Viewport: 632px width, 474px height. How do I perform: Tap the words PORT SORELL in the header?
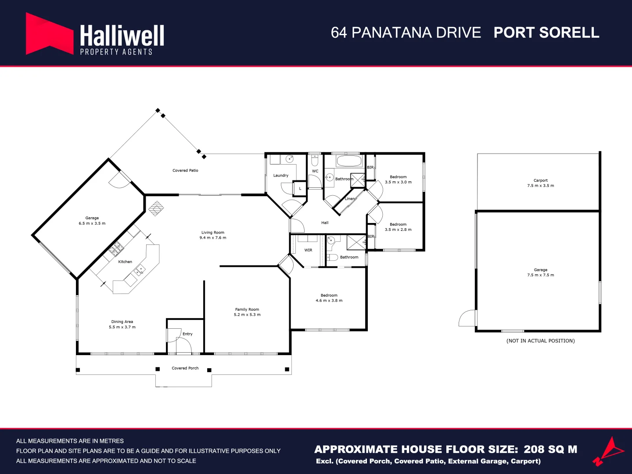point(546,33)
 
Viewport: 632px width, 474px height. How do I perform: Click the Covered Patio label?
point(185,170)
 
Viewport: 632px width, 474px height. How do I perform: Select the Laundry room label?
point(281,176)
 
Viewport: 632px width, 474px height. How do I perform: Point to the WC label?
point(315,171)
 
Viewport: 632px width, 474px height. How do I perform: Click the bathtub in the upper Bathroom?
point(349,161)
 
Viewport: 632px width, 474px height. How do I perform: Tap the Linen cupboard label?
point(350,199)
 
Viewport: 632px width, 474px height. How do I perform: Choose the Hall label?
point(325,223)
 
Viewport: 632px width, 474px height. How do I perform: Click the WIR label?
point(308,250)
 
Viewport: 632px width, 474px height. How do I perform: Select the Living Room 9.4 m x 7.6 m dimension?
point(213,238)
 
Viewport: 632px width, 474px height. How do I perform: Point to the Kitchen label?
point(125,262)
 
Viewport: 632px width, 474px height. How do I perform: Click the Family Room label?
point(247,309)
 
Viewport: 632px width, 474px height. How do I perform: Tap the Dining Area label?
point(122,322)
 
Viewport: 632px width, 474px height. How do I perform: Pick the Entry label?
point(187,334)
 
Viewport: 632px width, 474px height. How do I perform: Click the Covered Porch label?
point(185,368)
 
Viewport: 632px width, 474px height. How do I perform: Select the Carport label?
point(541,180)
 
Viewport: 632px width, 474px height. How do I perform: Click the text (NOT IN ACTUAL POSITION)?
point(540,341)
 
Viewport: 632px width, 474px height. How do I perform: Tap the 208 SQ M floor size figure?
point(550,449)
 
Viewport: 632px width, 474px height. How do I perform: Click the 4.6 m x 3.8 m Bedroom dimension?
point(329,301)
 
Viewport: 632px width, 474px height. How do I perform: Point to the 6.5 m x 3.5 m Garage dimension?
point(92,223)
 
